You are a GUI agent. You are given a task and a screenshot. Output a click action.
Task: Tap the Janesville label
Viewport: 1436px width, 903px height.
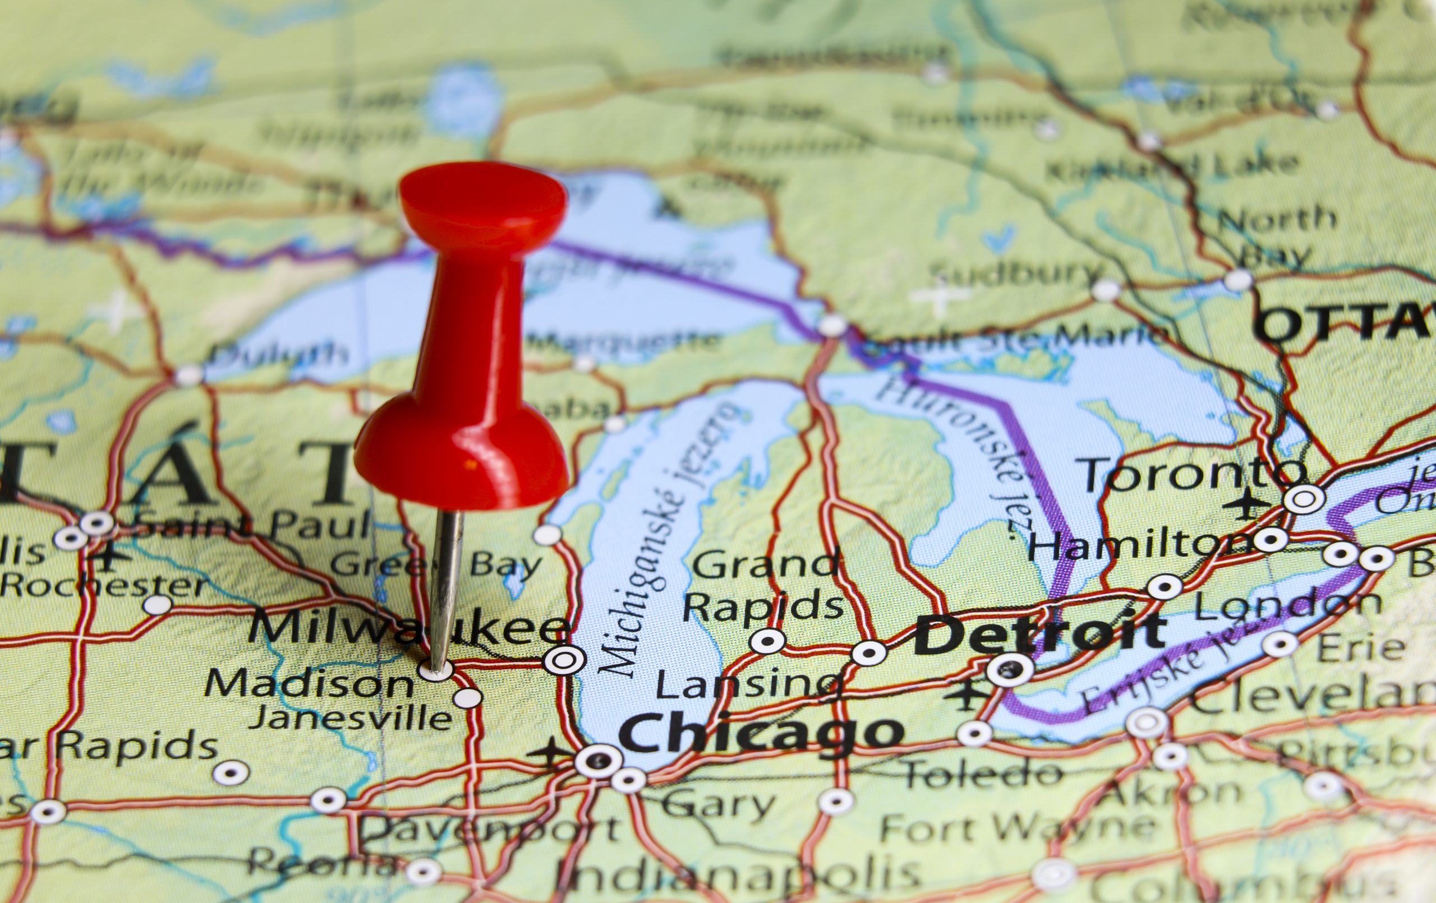coord(350,718)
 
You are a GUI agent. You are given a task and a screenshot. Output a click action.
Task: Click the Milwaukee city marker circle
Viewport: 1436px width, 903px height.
coord(563,659)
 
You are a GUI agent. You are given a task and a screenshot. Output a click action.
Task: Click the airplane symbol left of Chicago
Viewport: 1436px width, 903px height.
coord(551,755)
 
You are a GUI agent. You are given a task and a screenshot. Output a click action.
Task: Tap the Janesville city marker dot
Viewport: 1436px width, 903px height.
coord(468,697)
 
